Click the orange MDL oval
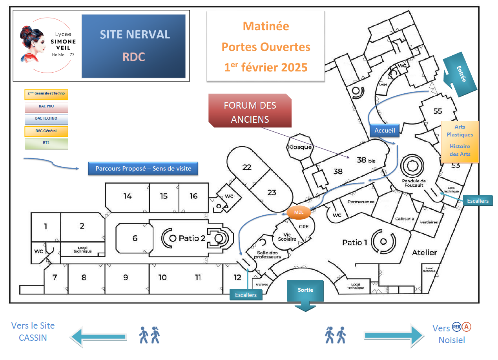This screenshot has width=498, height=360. tap(299, 212)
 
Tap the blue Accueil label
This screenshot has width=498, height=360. tap(385, 131)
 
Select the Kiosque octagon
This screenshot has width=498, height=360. tap(300, 147)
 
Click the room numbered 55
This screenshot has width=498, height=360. tap(438, 111)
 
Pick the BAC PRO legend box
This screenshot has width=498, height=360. tap(46, 107)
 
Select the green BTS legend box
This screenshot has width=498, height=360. tap(46, 144)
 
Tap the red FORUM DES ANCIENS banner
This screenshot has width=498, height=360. tap(250, 111)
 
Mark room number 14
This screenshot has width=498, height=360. tap(127, 196)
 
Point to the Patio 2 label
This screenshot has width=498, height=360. tap(192, 238)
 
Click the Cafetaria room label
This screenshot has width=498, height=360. tap(404, 219)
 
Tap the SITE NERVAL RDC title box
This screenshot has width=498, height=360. tap(134, 46)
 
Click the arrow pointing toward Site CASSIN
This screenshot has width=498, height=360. tap(98, 336)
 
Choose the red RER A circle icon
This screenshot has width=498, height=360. tap(466, 327)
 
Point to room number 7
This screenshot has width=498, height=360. tap(55, 278)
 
